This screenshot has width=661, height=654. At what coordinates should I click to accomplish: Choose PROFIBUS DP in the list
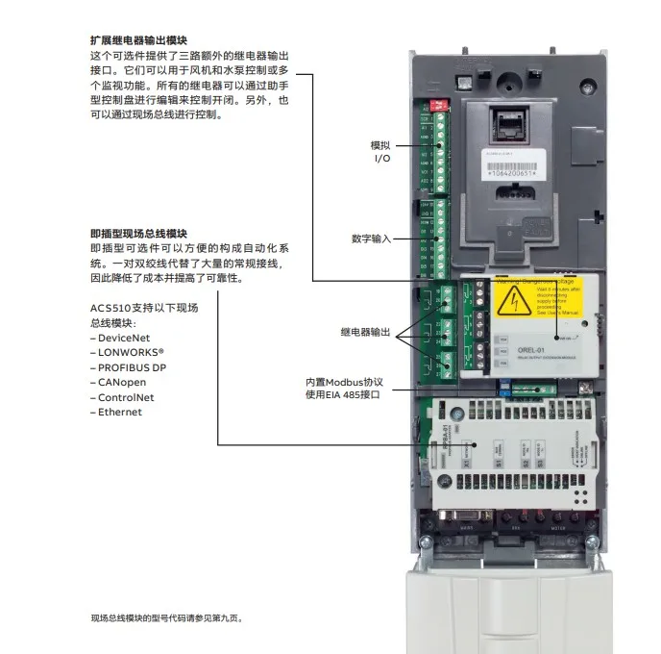coord(131,367)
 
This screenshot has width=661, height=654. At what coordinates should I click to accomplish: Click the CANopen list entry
coord(119,382)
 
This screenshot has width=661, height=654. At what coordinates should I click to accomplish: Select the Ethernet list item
coord(118,412)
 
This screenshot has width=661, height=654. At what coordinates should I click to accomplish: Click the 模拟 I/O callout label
coord(381,151)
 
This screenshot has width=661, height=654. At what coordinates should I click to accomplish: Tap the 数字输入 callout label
coord(371,238)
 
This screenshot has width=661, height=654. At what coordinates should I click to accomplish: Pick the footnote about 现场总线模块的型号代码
coord(167,618)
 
